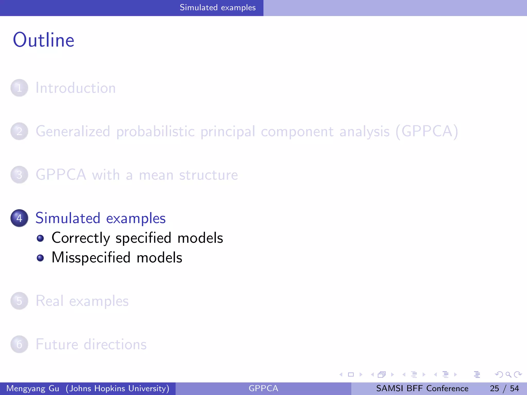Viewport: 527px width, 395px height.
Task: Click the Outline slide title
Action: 43,40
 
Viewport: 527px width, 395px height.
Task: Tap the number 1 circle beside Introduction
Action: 19,88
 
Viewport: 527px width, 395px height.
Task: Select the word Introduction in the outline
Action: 75,88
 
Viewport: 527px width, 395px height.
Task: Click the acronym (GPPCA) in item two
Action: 427,131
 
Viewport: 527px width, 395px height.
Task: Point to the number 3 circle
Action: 19,175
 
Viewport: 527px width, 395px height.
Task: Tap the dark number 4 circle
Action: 19,218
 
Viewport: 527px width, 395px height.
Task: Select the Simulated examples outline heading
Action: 100,218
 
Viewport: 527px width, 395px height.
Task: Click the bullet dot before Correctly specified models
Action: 40,238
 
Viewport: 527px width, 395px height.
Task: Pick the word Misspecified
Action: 91,257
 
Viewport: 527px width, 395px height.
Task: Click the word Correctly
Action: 81,238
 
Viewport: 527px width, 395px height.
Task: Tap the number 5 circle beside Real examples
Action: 19,301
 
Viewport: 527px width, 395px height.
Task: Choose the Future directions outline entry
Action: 91,344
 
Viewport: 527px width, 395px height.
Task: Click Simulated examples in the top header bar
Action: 217,8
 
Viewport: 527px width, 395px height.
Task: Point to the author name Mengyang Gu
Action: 33,388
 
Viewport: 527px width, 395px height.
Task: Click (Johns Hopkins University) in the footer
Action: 117,388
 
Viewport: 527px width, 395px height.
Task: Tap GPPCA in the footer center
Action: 263,388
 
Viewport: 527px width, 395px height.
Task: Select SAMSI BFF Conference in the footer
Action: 422,388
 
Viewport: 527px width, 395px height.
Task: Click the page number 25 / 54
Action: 504,388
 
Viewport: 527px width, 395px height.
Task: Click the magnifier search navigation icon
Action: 508,374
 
